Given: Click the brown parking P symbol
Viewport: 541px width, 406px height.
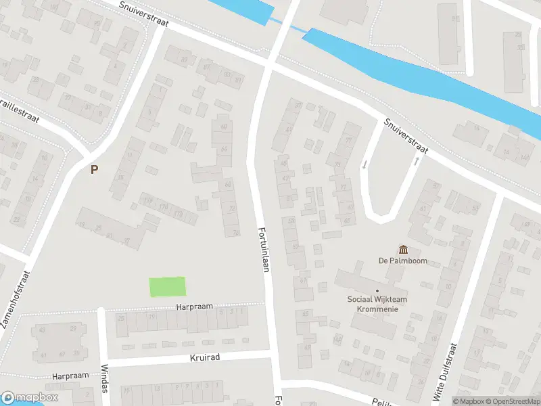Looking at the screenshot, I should [x=94, y=169].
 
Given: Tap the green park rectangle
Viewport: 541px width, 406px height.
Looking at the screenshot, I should [x=167, y=287].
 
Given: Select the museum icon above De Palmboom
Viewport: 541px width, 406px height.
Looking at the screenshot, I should [x=404, y=250].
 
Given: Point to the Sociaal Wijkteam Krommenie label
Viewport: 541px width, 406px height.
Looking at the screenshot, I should [x=377, y=304].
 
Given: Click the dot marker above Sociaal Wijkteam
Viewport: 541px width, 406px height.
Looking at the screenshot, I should [x=377, y=291].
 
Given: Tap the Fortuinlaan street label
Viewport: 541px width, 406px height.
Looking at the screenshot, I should [x=265, y=249].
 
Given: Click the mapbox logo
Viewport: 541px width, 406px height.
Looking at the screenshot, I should [x=29, y=398].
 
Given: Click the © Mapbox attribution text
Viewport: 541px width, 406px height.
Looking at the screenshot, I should [x=469, y=401].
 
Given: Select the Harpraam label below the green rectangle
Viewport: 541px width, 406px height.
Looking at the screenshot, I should [x=195, y=307].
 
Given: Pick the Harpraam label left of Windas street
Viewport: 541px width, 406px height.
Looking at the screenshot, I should [x=70, y=376].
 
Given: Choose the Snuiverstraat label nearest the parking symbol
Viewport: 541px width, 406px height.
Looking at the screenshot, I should [x=145, y=14].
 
